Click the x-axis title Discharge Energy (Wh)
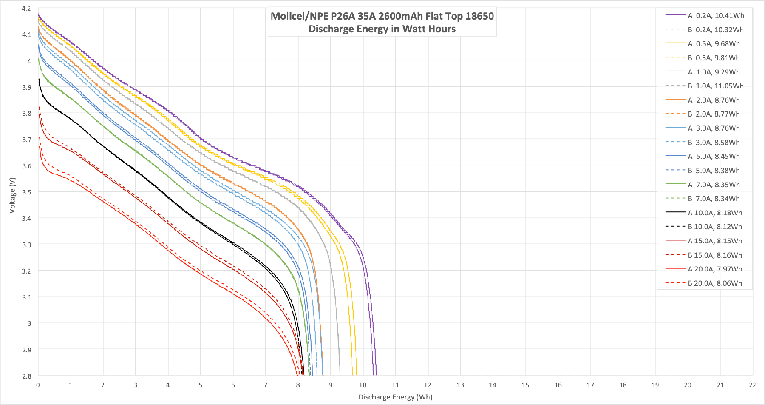(x=395, y=397)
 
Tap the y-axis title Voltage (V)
(x=13, y=195)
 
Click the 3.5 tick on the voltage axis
(x=26, y=192)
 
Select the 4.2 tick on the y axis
(x=26, y=9)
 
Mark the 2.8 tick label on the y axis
(x=26, y=376)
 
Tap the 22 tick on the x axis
(x=752, y=385)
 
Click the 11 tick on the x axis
(x=395, y=385)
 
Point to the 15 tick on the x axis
(x=525, y=385)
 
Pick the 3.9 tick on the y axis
(x=26, y=87)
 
